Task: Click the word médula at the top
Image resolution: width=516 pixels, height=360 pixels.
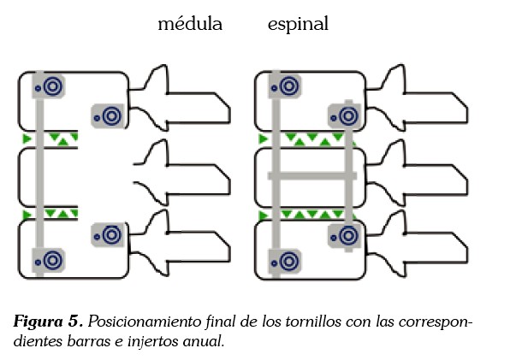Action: click(x=190, y=24)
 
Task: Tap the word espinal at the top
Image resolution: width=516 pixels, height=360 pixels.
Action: click(x=298, y=25)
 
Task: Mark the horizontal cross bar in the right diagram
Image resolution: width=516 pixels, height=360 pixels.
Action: click(x=311, y=175)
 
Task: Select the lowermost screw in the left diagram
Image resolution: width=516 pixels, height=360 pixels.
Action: click(x=51, y=257)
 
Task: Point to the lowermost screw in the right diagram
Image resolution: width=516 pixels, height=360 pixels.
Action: click(x=288, y=257)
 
